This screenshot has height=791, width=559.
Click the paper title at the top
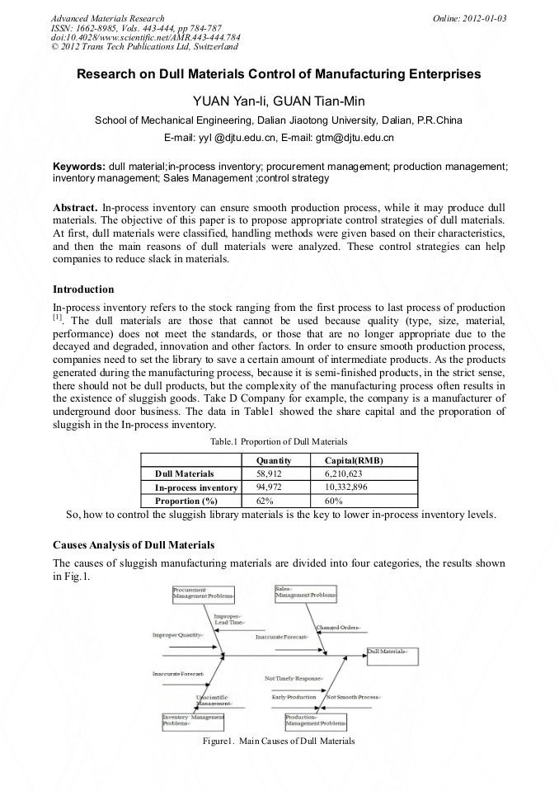279,74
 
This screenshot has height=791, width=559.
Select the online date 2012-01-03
482,18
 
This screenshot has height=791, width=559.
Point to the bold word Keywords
78,167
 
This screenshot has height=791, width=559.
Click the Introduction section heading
83,290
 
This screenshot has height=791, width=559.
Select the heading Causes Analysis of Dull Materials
134,545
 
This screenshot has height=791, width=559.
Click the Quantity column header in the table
274,460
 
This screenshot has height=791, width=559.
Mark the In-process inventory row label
196,487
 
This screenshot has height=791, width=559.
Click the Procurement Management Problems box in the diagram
204,592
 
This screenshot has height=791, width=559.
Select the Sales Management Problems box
306,591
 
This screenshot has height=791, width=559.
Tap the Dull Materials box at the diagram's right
392,652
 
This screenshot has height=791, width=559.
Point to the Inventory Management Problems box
187,720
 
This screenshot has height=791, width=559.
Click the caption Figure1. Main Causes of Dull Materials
279,741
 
